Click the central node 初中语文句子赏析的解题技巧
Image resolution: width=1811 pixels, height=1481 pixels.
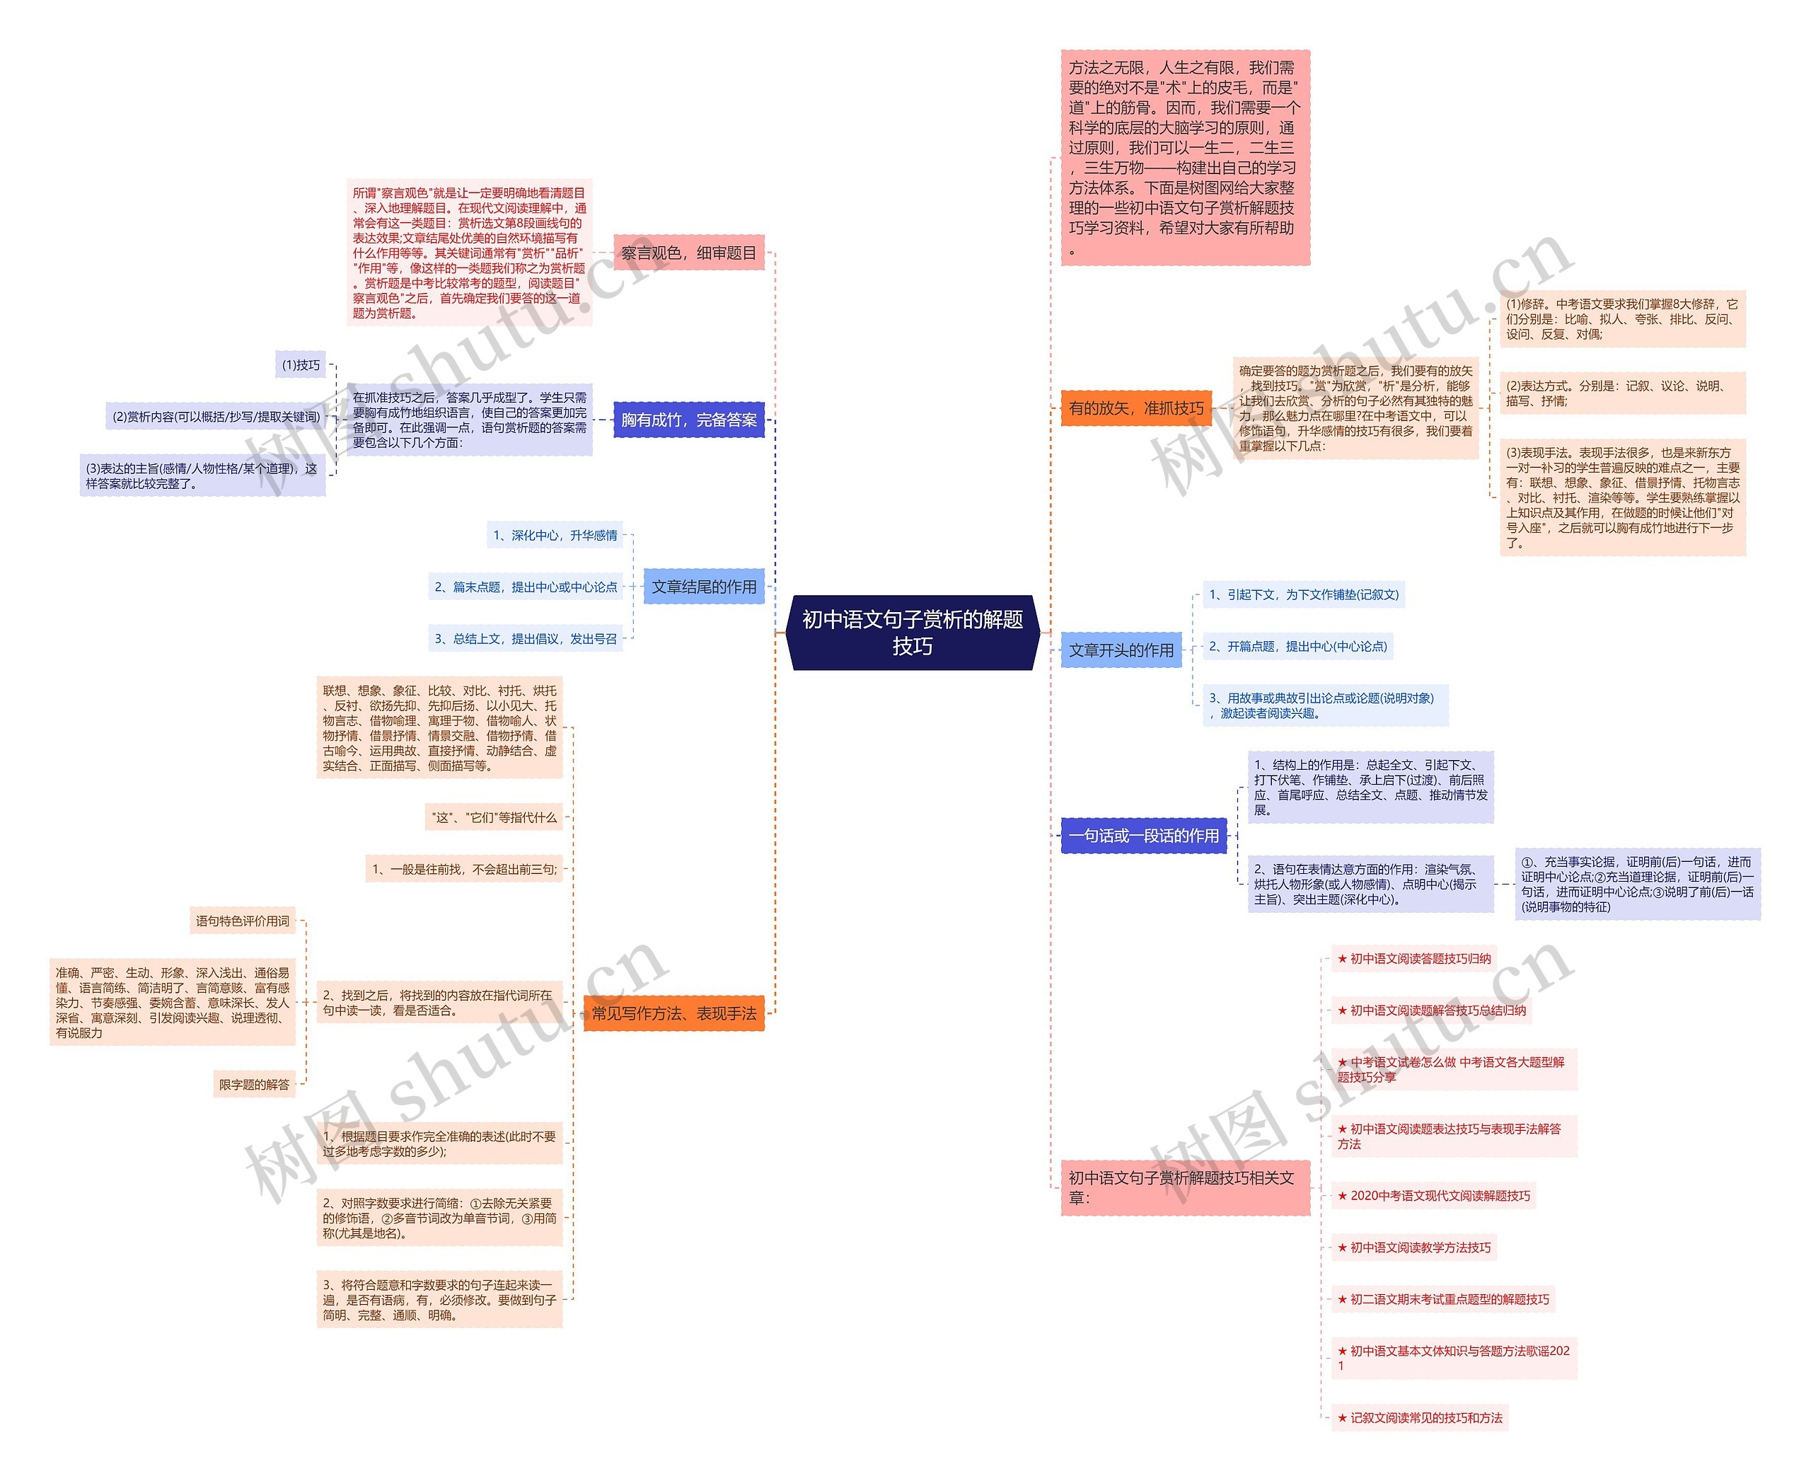point(912,632)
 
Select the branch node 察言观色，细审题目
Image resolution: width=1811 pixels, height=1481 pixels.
point(688,253)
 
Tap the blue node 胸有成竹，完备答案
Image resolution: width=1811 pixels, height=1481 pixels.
point(688,420)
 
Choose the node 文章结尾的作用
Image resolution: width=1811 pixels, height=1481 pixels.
point(704,587)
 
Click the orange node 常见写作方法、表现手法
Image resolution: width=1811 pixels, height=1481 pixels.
point(674,1013)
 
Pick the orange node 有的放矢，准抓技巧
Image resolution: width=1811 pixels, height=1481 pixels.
point(1135,409)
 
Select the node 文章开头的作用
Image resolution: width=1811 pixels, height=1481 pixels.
point(1121,650)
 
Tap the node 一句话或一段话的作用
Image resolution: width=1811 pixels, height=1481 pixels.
point(1143,836)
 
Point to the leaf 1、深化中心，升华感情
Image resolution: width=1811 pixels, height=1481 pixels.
point(555,536)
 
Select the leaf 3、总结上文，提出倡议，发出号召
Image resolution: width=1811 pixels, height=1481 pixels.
point(526,639)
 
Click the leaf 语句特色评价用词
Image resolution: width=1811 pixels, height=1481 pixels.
point(242,921)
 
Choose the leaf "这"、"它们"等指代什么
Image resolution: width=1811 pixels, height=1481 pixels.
point(494,817)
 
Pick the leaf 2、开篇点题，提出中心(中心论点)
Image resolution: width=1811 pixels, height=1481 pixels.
point(1297,647)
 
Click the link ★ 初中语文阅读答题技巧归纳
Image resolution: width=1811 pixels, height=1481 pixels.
point(1414,959)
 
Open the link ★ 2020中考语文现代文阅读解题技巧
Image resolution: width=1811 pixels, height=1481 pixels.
point(1434,1196)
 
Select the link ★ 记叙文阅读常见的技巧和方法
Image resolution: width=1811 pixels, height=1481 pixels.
point(1421,1418)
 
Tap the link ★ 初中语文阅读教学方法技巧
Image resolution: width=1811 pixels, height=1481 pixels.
point(1414,1248)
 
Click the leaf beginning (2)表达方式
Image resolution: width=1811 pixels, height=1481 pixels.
point(1621,393)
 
